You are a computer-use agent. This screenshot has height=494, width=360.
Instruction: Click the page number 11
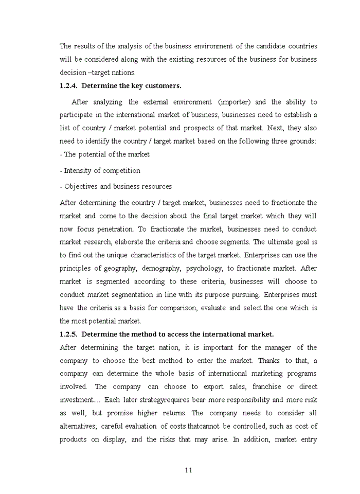click(x=188, y=470)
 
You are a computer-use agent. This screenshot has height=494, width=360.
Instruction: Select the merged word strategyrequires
click(x=161, y=399)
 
